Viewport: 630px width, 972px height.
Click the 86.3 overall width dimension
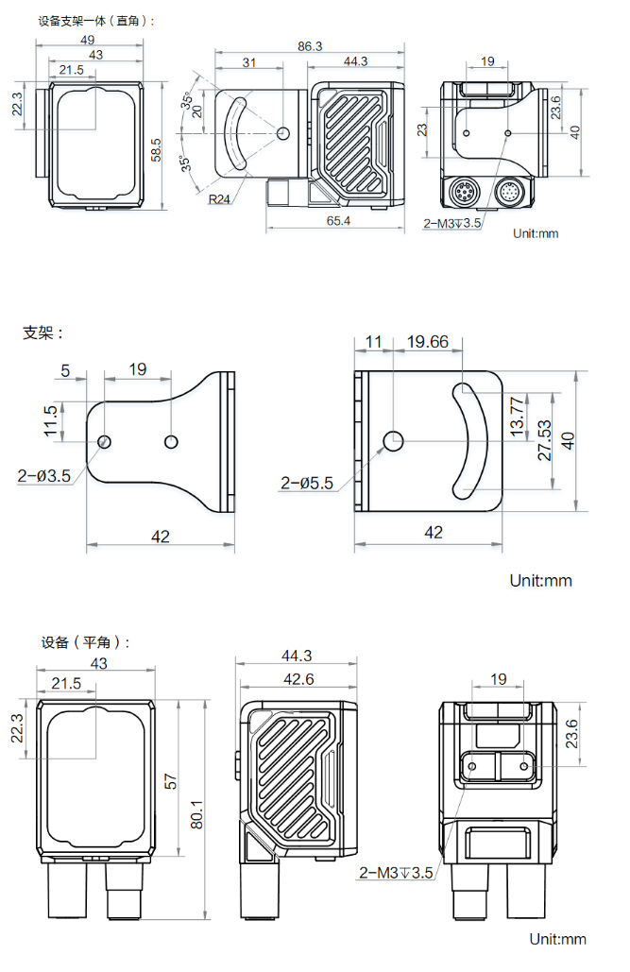[310, 45]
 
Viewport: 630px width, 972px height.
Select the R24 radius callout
[220, 198]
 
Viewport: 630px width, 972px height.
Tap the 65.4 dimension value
[337, 221]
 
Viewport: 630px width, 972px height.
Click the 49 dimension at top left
[87, 40]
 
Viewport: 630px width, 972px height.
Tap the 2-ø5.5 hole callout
[307, 484]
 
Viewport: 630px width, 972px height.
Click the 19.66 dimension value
[427, 342]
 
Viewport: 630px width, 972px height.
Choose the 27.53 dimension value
[544, 441]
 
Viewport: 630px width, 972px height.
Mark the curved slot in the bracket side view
[469, 441]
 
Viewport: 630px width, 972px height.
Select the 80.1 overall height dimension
[197, 810]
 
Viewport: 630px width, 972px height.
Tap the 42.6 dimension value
[298, 679]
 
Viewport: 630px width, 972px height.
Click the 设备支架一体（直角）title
[95, 20]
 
